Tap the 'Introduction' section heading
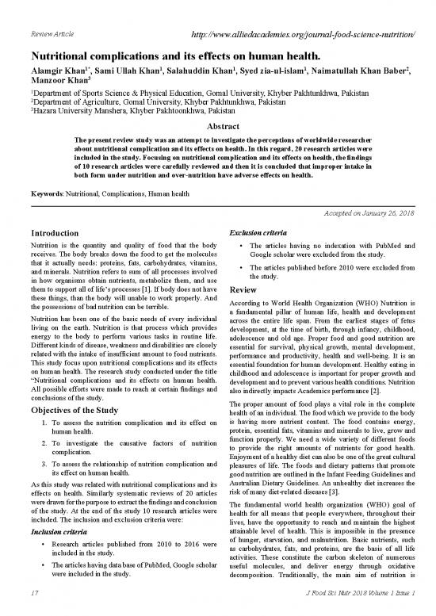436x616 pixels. tap(56, 235)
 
